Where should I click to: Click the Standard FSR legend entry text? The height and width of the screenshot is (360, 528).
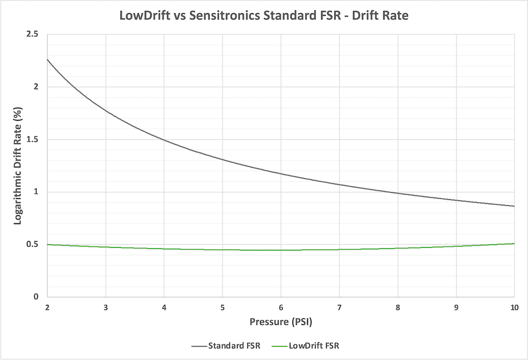pyautogui.click(x=233, y=346)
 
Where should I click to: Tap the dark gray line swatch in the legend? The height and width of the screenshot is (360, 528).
pyautogui.click(x=199, y=346)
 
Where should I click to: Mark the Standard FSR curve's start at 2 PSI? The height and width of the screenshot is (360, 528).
pyautogui.click(x=47, y=59)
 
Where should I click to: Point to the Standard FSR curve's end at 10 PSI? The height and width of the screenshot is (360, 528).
pyautogui.click(x=514, y=206)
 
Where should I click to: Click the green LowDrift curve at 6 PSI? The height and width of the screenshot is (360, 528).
pyautogui.click(x=280, y=250)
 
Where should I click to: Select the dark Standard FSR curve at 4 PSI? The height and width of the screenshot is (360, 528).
pyautogui.click(x=164, y=139)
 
